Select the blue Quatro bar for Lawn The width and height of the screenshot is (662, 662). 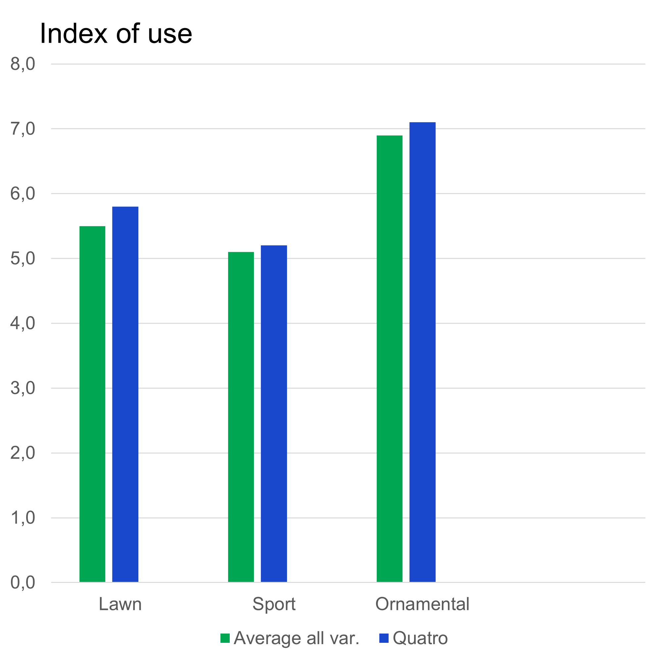pyautogui.click(x=125, y=394)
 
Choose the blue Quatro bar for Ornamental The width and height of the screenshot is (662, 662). pyautogui.click(x=422, y=352)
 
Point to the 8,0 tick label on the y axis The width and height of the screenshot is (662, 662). pyautogui.click(x=23, y=64)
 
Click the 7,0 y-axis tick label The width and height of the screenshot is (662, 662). pyautogui.click(x=23, y=129)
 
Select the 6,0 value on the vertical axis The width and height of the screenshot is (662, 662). pyautogui.click(x=23, y=194)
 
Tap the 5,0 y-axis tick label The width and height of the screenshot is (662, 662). pyautogui.click(x=23, y=259)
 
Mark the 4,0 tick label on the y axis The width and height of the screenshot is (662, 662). pyautogui.click(x=23, y=323)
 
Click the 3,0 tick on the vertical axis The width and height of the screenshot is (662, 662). pyautogui.click(x=23, y=388)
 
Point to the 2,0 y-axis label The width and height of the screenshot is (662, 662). pyautogui.click(x=23, y=453)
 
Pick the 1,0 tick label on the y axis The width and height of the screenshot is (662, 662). pyautogui.click(x=23, y=518)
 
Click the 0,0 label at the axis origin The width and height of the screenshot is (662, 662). pyautogui.click(x=23, y=583)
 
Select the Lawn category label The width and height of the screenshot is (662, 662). pyautogui.click(x=120, y=604)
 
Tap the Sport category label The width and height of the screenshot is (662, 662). pyautogui.click(x=274, y=604)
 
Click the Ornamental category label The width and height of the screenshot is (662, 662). pyautogui.click(x=422, y=604)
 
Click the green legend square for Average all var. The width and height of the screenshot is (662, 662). pyautogui.click(x=225, y=638)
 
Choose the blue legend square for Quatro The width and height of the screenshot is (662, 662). pyautogui.click(x=384, y=638)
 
